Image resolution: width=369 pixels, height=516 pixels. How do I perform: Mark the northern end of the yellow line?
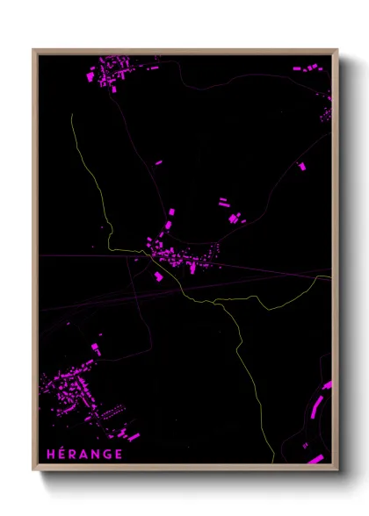[x=71, y=115]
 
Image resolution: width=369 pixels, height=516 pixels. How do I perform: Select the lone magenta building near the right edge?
[x=302, y=165]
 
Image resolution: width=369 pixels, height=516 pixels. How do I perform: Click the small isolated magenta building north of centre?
[x=159, y=162]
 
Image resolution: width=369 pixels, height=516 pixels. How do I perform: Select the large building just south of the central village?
[x=159, y=276]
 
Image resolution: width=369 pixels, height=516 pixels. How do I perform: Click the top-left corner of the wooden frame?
[x=33, y=50]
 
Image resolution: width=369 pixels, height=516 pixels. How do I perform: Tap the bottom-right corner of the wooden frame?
[x=337, y=469]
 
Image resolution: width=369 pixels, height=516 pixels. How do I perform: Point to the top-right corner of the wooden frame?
[x=337, y=50]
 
